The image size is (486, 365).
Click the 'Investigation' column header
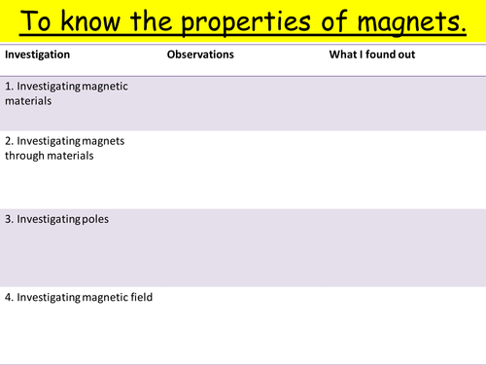[x=37, y=55]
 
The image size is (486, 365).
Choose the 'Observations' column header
[x=200, y=55]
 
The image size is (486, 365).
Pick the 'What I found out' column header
[x=372, y=55]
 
